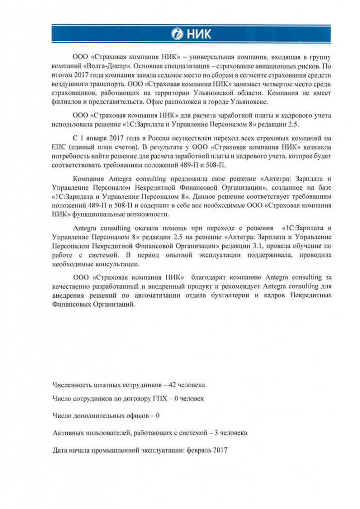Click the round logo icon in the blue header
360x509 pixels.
[x=177, y=34]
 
